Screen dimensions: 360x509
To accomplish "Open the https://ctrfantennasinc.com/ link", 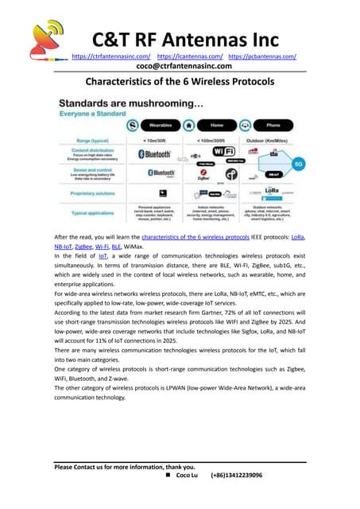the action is click(x=111, y=57).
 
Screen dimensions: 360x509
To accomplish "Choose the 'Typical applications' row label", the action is click(x=90, y=212).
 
